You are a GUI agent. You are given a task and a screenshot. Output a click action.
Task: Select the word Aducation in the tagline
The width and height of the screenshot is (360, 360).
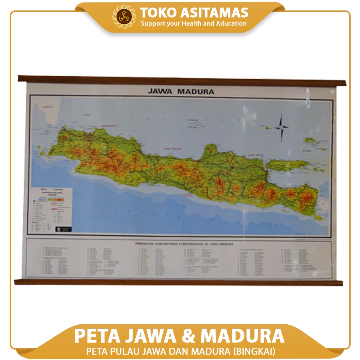(231, 24)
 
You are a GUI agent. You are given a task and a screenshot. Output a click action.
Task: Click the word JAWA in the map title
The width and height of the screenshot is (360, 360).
(161, 91)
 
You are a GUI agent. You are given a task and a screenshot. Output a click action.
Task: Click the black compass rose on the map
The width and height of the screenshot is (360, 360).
(281, 126)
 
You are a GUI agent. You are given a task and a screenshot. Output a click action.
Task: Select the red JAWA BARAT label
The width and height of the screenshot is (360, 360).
(110, 126)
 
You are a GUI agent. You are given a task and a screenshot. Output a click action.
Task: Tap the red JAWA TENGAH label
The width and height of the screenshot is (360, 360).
(172, 148)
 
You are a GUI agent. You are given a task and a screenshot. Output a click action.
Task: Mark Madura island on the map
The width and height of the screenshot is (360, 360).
(288, 165)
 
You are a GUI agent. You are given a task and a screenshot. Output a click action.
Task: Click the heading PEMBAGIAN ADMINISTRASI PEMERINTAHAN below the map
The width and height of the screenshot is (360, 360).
(179, 244)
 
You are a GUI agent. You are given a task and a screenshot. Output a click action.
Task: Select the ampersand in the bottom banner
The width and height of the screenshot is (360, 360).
(188, 336)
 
